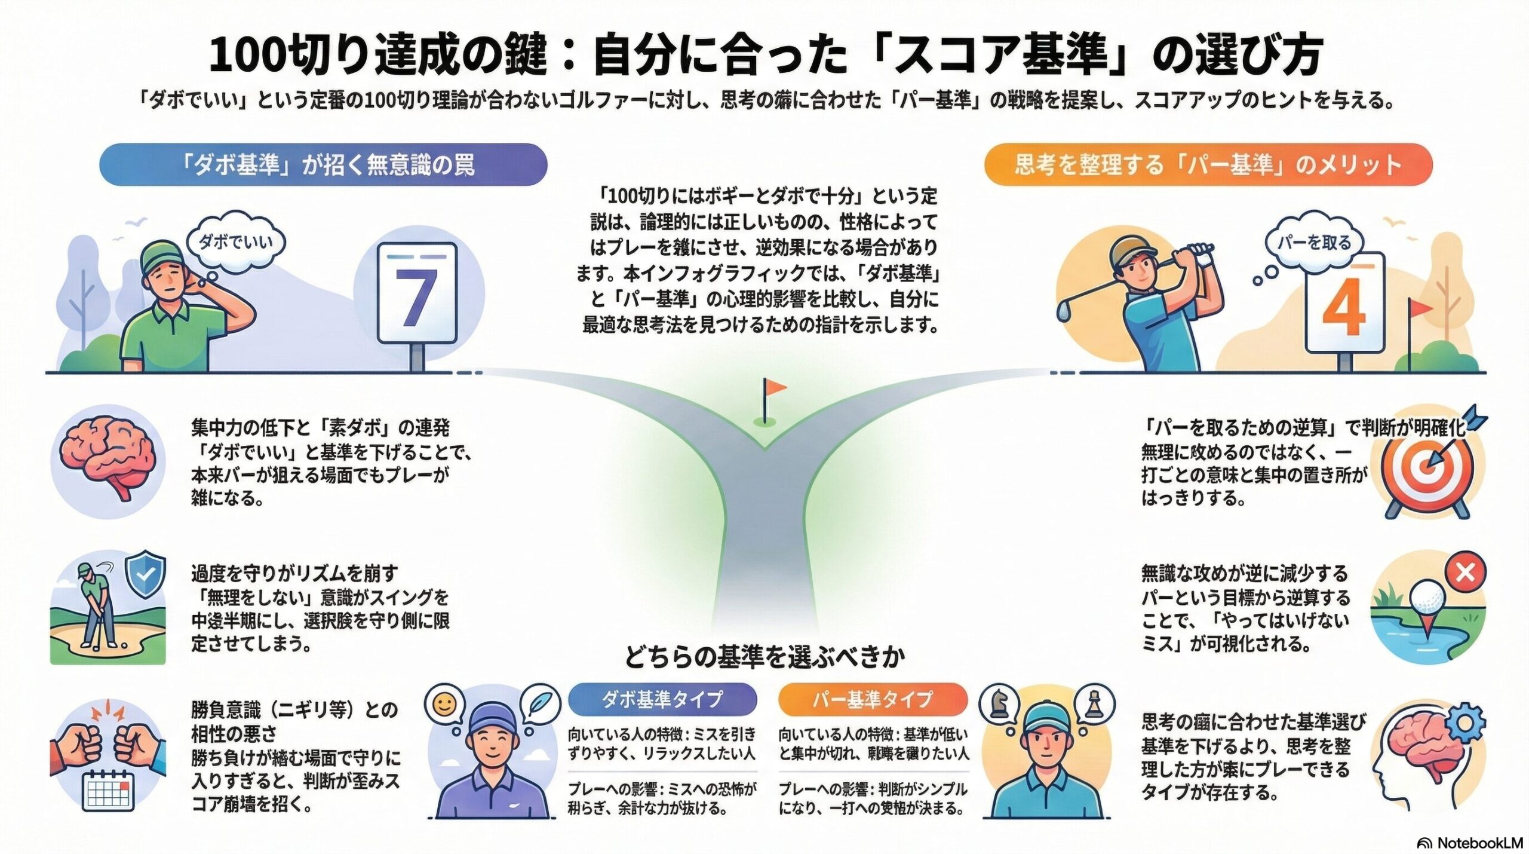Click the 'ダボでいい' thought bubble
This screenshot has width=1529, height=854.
[x=235, y=242]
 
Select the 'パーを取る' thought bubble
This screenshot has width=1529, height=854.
[x=1314, y=242]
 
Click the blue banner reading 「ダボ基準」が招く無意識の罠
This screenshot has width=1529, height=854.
[x=323, y=164]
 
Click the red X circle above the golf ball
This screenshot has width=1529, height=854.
[x=1465, y=573]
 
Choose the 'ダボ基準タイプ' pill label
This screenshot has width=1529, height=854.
[x=662, y=699]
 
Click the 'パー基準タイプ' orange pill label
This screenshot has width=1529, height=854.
[x=873, y=699]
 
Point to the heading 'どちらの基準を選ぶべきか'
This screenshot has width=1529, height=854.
[x=764, y=657]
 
